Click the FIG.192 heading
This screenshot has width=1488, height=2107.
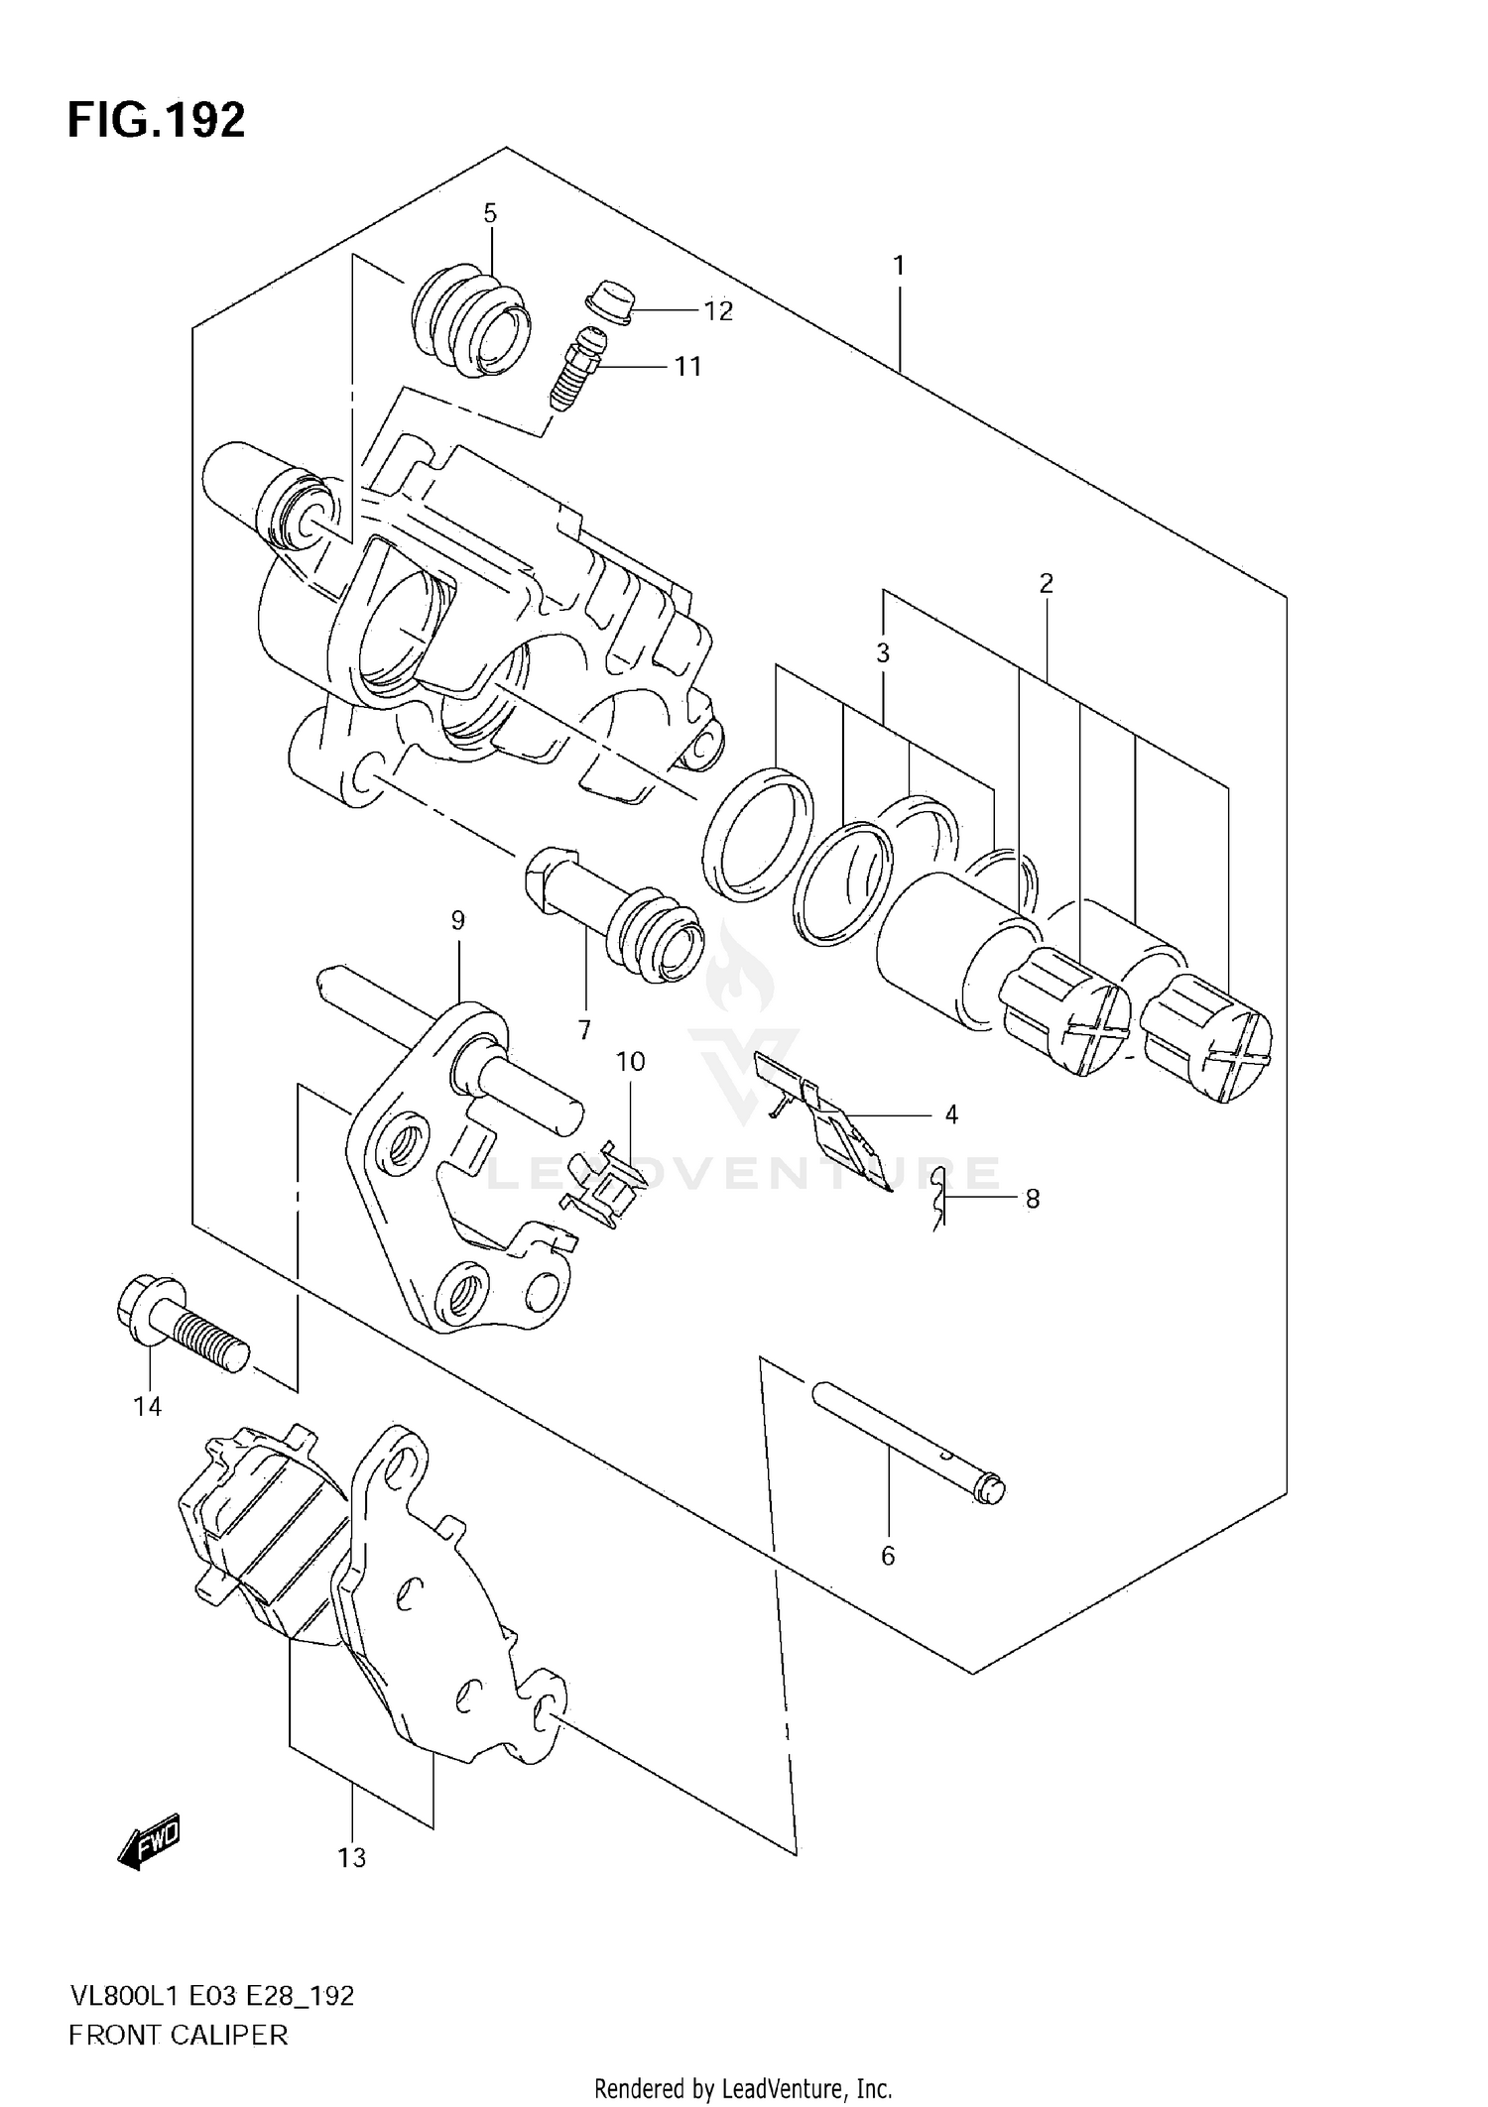pos(156,121)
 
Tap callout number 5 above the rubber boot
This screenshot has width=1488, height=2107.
pos(490,213)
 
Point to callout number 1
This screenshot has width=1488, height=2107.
pos(899,265)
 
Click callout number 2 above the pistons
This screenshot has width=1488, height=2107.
pos(1046,583)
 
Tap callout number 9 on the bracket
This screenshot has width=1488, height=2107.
pos(457,920)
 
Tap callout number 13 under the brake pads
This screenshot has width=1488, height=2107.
pos(351,1857)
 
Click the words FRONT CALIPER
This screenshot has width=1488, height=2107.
pos(178,2036)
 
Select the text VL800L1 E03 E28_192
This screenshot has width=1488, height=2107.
pos(210,1996)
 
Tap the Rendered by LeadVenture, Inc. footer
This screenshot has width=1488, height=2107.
pos(743,2087)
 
